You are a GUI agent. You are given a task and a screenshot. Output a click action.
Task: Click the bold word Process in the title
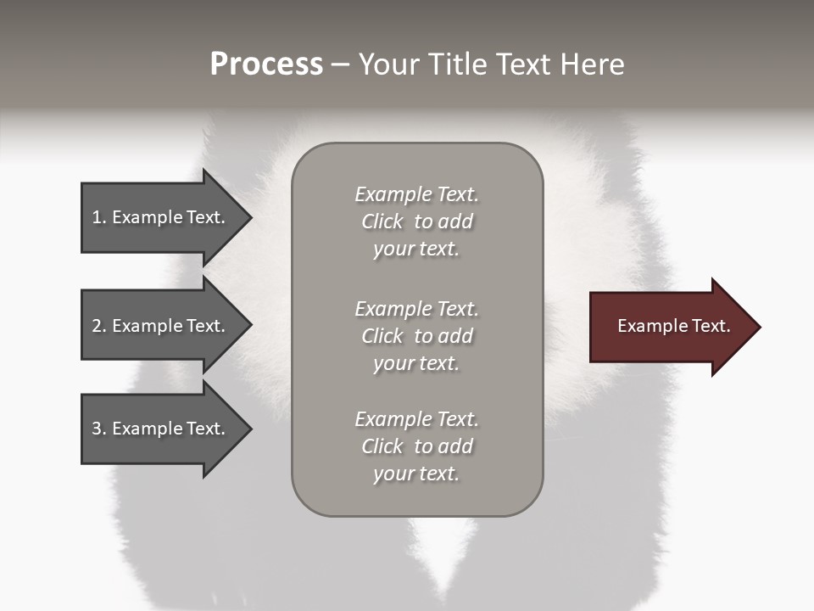click(266, 64)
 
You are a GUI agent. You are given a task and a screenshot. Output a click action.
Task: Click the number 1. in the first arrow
click(99, 217)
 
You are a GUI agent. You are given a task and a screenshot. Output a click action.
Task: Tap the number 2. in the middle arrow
click(99, 326)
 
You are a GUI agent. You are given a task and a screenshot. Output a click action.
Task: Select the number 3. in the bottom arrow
click(99, 429)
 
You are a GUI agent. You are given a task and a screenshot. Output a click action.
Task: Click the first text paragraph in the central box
click(416, 221)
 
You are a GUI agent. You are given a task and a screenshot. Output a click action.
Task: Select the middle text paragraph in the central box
click(416, 336)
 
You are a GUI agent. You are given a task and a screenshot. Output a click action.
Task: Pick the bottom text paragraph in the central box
click(416, 446)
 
